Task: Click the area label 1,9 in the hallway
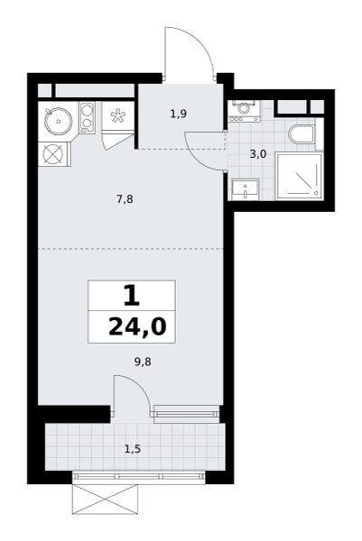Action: pyautogui.click(x=179, y=114)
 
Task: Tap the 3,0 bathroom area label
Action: pyautogui.click(x=258, y=154)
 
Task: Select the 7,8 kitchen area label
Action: pyautogui.click(x=125, y=199)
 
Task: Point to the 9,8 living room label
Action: pyautogui.click(x=143, y=362)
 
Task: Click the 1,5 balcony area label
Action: pyautogui.click(x=133, y=449)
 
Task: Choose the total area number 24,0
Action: pyautogui.click(x=137, y=327)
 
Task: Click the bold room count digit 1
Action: pyautogui.click(x=132, y=296)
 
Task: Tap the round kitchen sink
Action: pyautogui.click(x=59, y=121)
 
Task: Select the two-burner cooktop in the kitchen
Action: pyautogui.click(x=87, y=117)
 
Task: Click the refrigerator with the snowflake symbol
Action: pyautogui.click(x=117, y=116)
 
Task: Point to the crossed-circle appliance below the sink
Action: pyautogui.click(x=54, y=154)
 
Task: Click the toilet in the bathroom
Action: pyautogui.click(x=302, y=134)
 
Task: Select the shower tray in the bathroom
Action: pyautogui.click(x=300, y=176)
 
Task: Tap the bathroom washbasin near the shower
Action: pyautogui.click(x=245, y=189)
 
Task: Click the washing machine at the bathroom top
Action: pyautogui.click(x=245, y=111)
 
